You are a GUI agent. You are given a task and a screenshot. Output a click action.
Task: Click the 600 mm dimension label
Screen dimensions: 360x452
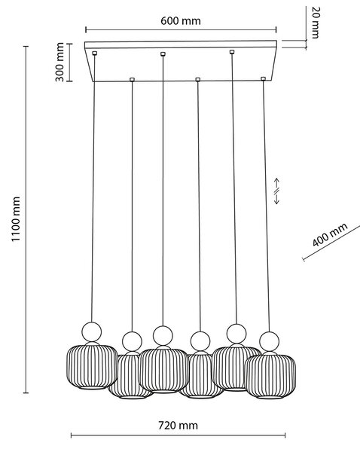(181, 21)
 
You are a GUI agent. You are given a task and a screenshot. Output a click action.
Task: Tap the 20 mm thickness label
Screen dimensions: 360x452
(316, 23)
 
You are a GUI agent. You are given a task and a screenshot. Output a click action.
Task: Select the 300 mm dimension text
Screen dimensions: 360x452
(59, 62)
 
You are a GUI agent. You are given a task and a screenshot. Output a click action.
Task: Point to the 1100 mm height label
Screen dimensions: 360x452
(16, 219)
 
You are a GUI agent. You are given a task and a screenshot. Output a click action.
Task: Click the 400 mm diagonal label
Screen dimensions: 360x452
(330, 234)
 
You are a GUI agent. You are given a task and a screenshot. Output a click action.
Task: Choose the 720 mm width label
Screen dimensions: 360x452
(178, 426)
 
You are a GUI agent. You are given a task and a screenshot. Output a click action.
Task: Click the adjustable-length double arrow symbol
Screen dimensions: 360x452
(276, 191)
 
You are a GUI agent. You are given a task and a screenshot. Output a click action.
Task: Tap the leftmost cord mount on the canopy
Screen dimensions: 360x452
(94, 53)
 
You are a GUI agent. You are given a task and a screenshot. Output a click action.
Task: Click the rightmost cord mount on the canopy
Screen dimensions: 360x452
(263, 78)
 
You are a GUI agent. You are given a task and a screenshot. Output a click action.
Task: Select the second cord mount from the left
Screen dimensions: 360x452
(133, 79)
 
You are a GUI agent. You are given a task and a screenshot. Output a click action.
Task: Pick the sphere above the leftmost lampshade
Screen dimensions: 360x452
(92, 331)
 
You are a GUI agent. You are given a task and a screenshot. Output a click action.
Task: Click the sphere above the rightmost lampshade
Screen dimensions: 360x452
(269, 341)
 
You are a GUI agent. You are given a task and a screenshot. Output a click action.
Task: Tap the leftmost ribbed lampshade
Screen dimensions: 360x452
(92, 365)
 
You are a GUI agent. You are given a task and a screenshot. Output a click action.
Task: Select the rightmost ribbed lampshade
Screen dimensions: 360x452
(270, 375)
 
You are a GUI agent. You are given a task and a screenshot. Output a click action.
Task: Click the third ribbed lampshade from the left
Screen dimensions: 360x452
(163, 370)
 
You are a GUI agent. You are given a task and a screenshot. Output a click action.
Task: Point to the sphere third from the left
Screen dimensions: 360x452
(163, 335)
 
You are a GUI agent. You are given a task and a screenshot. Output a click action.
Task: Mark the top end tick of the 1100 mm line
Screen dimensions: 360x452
(26, 46)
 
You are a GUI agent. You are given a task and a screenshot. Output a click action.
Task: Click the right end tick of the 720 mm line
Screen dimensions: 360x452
(285, 435)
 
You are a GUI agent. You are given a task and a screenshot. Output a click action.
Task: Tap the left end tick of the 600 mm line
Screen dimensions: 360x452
(86, 29)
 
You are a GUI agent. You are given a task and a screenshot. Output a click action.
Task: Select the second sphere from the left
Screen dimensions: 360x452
(132, 341)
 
